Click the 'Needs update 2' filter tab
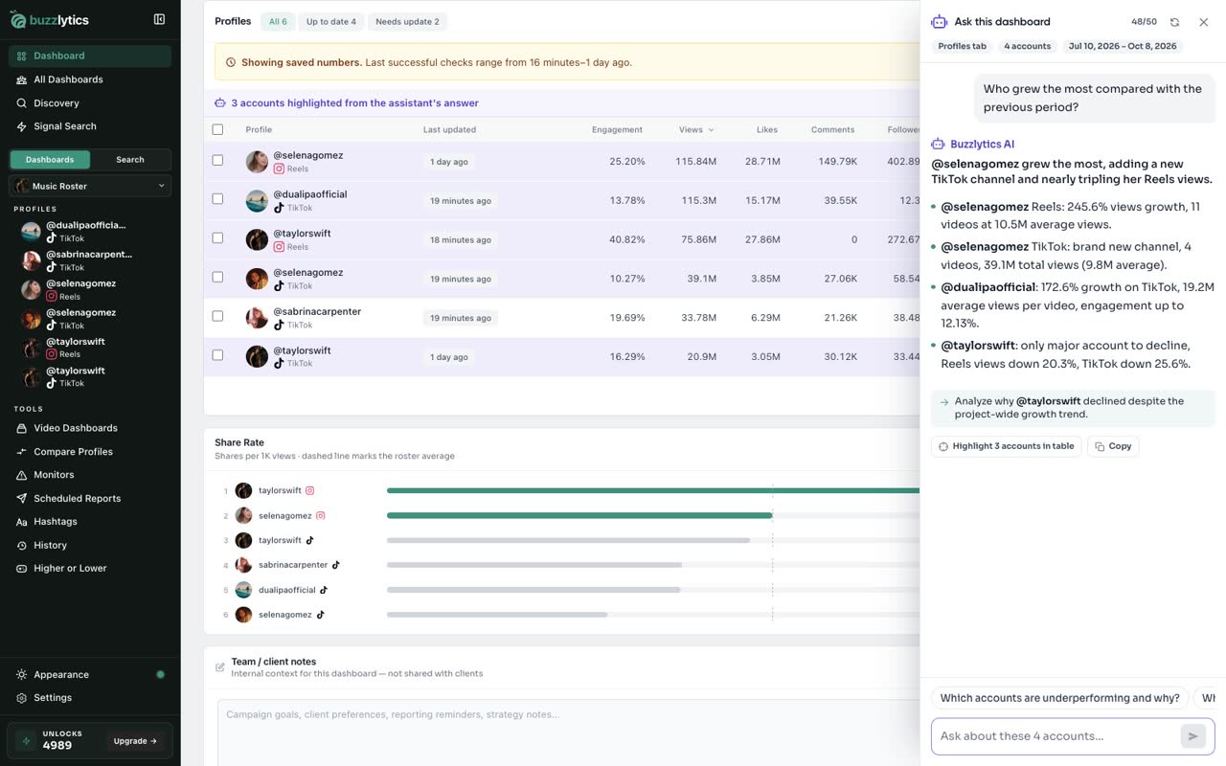[407, 22]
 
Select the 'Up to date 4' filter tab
[331, 22]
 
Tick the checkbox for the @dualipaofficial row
[217, 198]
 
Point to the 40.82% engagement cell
[626, 239]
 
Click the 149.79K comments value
[837, 162]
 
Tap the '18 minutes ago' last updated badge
[461, 239]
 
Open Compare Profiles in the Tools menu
[74, 451]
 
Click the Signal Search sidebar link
[65, 126]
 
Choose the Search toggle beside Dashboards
[130, 160]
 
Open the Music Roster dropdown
[90, 186]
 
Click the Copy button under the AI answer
[1113, 446]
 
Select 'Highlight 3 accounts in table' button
[1006, 446]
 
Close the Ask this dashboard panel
[1203, 22]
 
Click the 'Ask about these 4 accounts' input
[1056, 736]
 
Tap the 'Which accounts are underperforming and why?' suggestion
[1059, 698]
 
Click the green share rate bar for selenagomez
[579, 515]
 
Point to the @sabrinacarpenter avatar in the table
[257, 318]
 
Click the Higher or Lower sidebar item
[70, 569]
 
